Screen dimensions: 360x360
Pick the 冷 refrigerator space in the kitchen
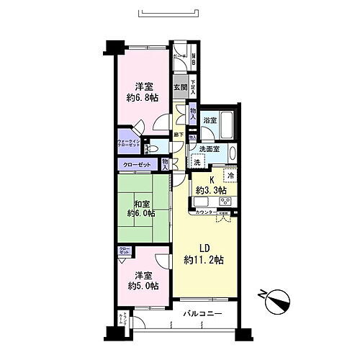pyautogui.click(x=230, y=175)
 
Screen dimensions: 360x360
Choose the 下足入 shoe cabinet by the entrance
pyautogui.click(x=193, y=88)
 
